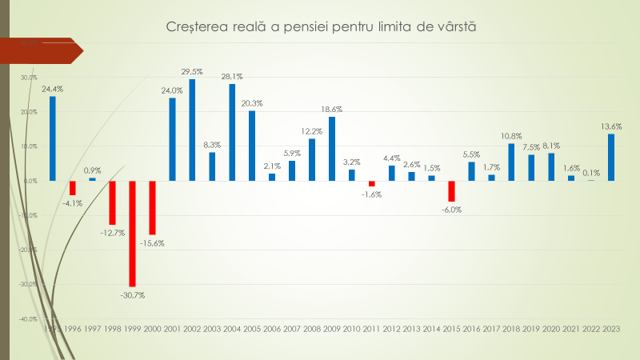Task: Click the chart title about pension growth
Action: click(320, 28)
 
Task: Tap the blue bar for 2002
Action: click(192, 130)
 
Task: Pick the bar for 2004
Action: click(232, 132)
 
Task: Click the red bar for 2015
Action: click(451, 191)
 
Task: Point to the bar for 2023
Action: click(611, 157)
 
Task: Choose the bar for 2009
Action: click(332, 149)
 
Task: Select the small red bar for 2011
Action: click(372, 184)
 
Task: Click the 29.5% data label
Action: click(192, 71)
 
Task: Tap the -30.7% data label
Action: click(132, 295)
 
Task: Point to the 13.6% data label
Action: click(610, 126)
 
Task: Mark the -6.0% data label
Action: click(451, 210)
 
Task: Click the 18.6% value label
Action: click(332, 109)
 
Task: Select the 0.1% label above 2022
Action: click(591, 173)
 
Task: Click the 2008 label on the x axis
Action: click(312, 330)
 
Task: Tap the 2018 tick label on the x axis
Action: click(511, 330)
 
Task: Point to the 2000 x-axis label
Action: click(152, 330)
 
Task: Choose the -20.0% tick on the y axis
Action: click(30, 250)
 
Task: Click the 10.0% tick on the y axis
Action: click(30, 146)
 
